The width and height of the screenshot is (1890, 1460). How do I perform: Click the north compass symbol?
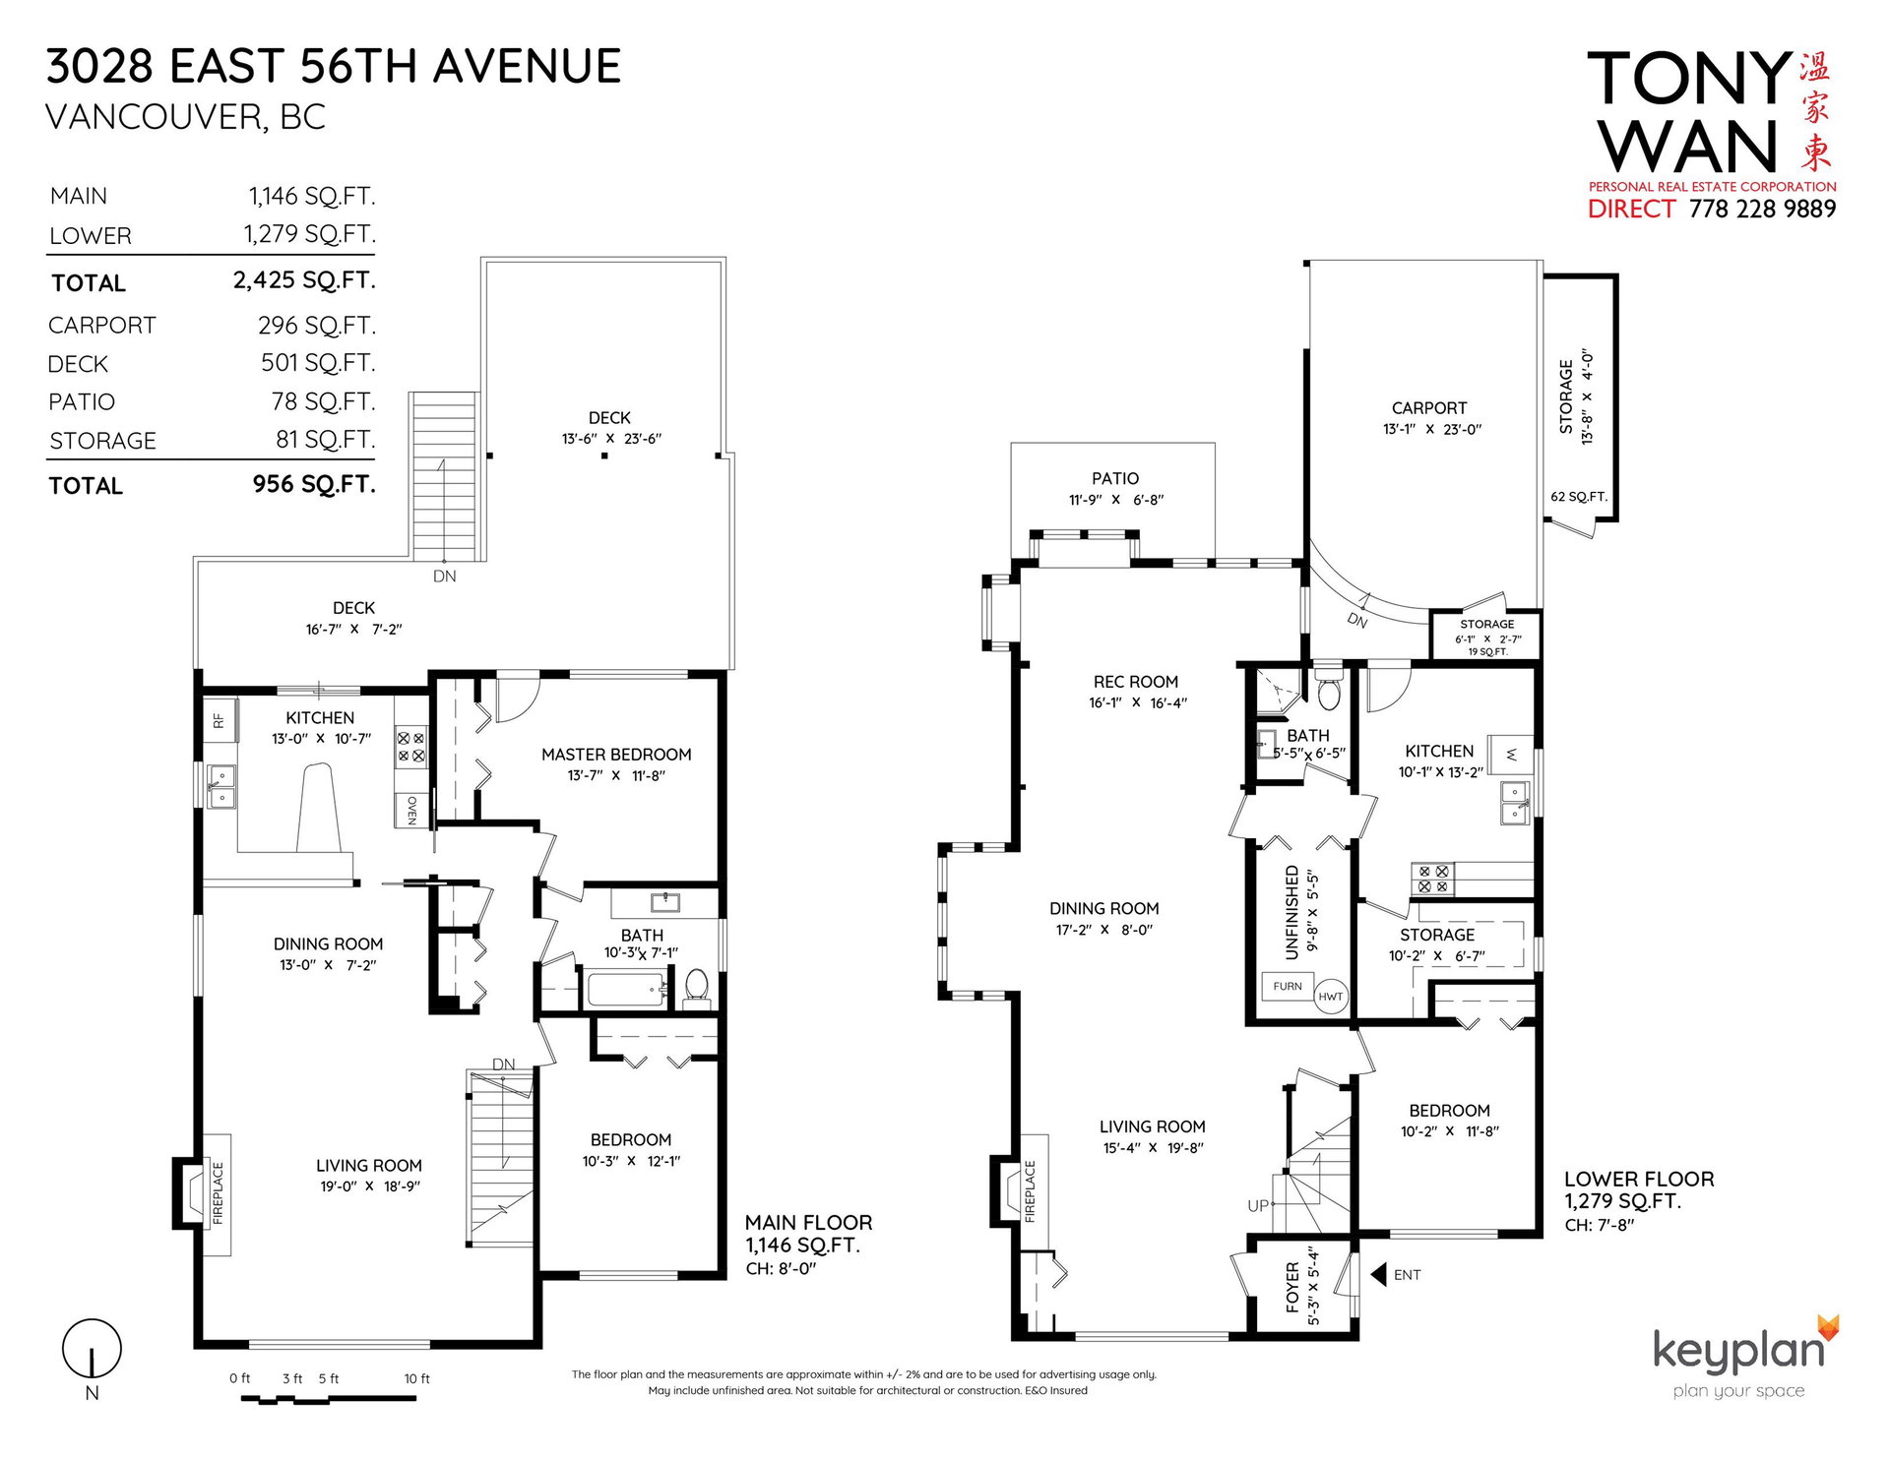point(92,1349)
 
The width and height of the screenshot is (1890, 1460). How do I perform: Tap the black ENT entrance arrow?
point(1378,1274)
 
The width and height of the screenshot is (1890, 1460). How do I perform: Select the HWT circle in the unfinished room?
point(1330,996)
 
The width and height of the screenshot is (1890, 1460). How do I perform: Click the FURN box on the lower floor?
point(1288,986)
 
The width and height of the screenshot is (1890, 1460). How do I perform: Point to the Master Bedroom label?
point(616,755)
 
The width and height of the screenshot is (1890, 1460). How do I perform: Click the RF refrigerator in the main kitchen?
point(220,720)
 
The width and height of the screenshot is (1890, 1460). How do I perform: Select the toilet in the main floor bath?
point(696,987)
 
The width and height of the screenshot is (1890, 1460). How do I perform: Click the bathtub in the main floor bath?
point(626,989)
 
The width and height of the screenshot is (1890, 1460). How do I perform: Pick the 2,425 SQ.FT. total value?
point(304,280)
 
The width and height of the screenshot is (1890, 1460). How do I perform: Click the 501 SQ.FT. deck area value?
point(318,363)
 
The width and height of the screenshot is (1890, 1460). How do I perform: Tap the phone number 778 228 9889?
point(1762,209)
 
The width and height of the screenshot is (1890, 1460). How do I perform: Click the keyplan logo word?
point(1738,1352)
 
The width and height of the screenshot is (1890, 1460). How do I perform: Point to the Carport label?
point(1429,408)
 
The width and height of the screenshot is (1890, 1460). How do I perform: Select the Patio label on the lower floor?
point(1115,478)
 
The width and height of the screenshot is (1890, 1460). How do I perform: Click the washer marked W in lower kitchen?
point(1511,754)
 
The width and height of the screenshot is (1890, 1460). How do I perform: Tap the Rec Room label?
point(1136,682)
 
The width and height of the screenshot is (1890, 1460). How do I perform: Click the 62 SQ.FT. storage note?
point(1579,497)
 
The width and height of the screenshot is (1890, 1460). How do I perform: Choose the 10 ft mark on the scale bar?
point(416,1378)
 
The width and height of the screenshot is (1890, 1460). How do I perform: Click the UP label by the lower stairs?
point(1258,1205)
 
